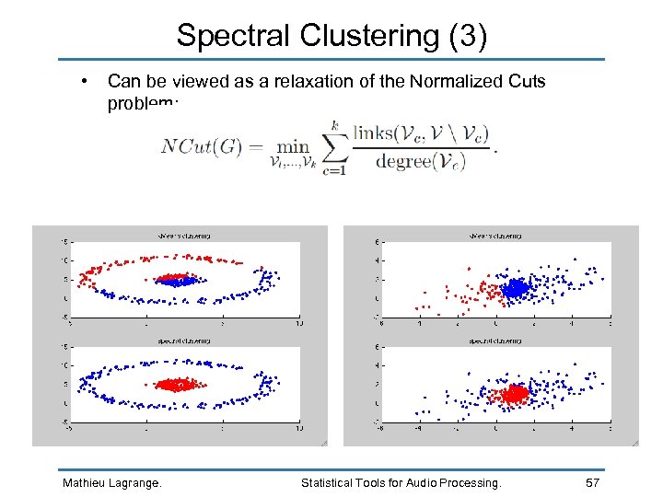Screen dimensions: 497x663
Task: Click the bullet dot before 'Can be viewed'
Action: (85, 81)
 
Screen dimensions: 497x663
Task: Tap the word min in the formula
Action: (293, 145)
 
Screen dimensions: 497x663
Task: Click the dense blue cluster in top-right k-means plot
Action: (516, 289)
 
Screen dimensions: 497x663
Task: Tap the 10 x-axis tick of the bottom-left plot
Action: (298, 429)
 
